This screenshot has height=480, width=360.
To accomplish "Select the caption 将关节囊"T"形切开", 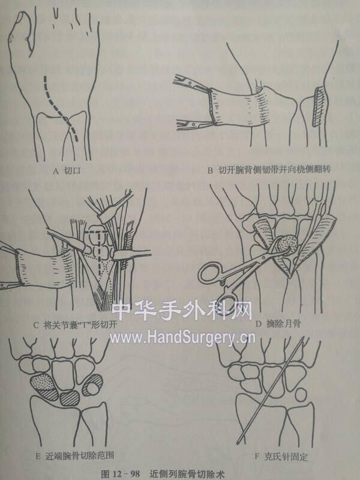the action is (80, 325).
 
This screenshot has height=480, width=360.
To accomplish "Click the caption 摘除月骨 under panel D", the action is (281, 324).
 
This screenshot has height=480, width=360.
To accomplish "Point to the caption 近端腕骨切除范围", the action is (80, 455).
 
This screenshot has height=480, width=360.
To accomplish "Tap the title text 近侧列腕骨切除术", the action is (187, 474).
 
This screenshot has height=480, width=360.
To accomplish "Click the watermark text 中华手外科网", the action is (182, 311).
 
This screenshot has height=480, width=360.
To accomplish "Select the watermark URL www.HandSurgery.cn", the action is (182, 338).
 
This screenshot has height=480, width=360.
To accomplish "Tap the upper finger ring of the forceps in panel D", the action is (211, 272).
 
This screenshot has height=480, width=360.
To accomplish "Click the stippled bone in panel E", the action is (42, 382).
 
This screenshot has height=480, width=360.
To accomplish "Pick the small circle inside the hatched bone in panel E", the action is (92, 388).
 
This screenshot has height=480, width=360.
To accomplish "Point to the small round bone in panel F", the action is (301, 394).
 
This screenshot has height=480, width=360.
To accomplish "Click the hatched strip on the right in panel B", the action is (318, 106).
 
